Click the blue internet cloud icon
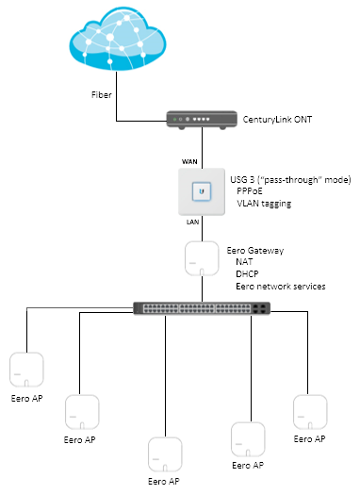click(x=118, y=39)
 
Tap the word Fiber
click(x=102, y=95)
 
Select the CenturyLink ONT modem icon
click(x=202, y=120)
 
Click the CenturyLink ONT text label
click(x=277, y=120)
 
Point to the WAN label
click(x=189, y=161)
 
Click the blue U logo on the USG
click(x=202, y=191)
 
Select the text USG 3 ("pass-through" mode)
click(x=290, y=179)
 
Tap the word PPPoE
click(x=250, y=191)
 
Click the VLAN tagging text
click(x=264, y=204)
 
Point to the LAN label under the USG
click(x=192, y=222)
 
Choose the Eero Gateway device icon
click(x=202, y=258)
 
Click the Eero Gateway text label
click(x=255, y=251)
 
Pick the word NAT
click(x=244, y=262)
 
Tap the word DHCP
click(x=247, y=273)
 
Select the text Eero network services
click(x=281, y=287)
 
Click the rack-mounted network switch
click(x=202, y=308)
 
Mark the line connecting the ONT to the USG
click(x=202, y=147)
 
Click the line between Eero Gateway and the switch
click(x=202, y=288)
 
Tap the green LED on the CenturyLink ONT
click(x=174, y=120)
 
